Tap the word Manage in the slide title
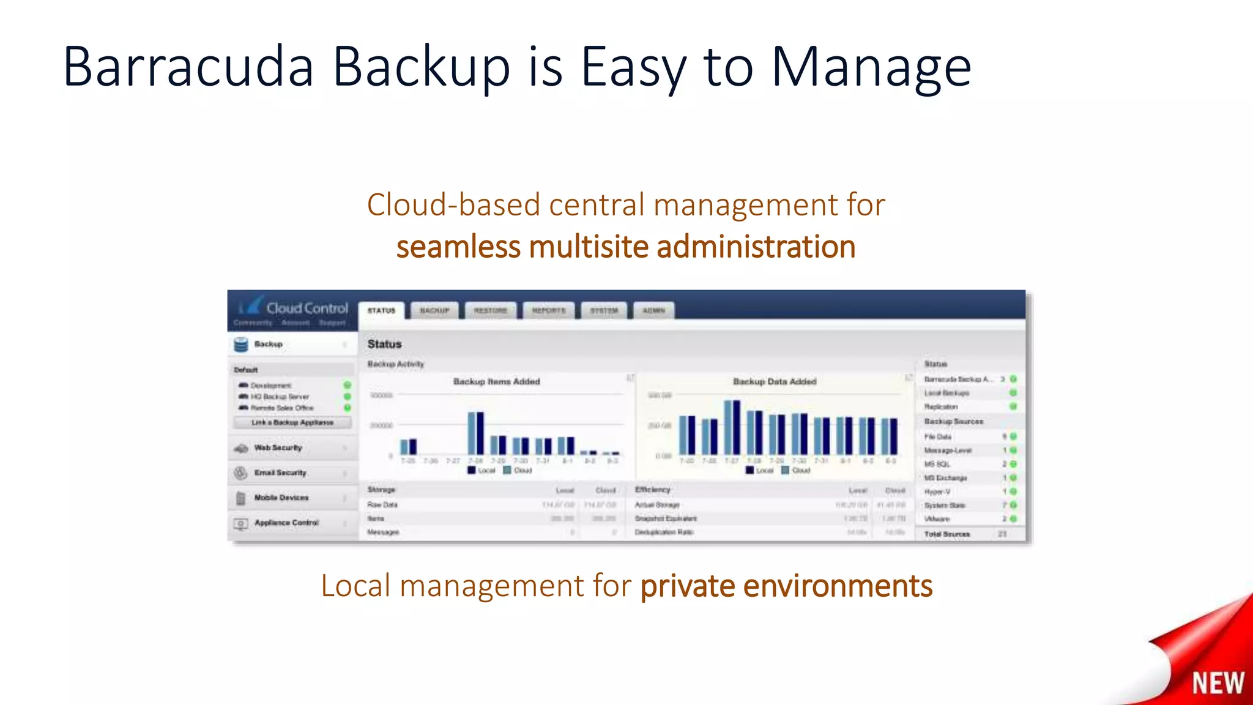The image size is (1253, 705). coord(871,67)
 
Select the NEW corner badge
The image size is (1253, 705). coord(1217,682)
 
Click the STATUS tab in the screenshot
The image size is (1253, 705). coord(381,311)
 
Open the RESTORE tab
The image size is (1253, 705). coord(490,311)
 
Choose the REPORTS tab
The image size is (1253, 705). coord(549,311)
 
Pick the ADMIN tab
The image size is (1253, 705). coord(653,311)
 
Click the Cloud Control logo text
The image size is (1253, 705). coord(307,308)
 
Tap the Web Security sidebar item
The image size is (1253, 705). coord(278,448)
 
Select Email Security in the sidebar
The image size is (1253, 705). coord(280,473)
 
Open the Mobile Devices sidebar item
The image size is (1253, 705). coord(281,498)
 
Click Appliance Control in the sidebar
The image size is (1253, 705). coord(286,523)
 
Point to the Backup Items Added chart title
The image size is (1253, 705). coord(496,382)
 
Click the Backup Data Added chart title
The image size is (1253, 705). coord(775,382)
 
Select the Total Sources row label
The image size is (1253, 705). coord(946,534)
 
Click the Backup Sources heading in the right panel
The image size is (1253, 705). coord(953,422)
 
